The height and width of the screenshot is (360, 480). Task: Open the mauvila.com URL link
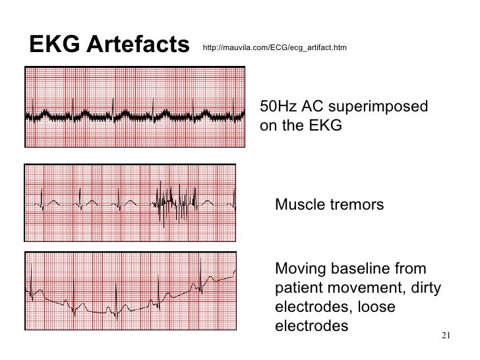pos(275,48)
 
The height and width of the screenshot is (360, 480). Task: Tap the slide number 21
pos(444,336)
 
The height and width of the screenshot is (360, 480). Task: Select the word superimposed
pos(385,107)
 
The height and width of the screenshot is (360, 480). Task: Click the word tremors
pos(356,205)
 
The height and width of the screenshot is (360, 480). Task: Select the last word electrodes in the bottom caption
pos(311,326)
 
